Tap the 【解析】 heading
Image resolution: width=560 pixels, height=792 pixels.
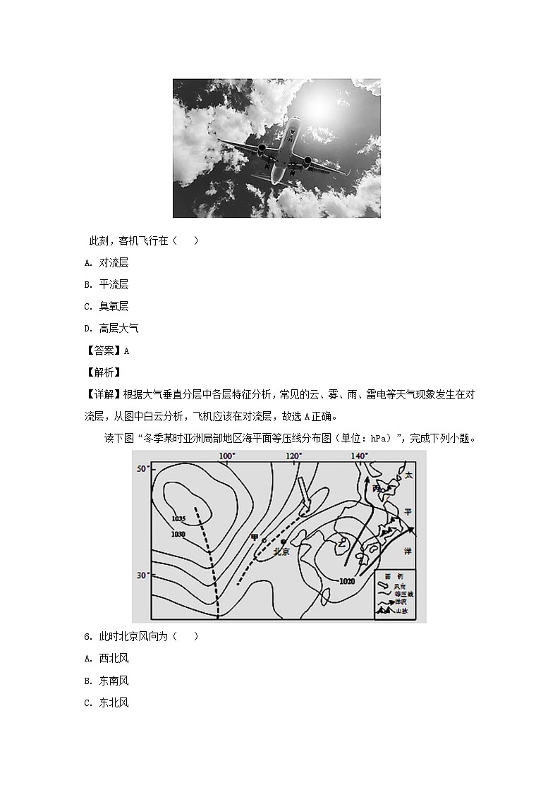pyautogui.click(x=102, y=372)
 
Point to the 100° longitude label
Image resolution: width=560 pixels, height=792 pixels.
pyautogui.click(x=226, y=457)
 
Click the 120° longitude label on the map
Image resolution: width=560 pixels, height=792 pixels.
pyautogui.click(x=294, y=457)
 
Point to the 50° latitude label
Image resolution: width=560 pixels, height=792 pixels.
pyautogui.click(x=142, y=469)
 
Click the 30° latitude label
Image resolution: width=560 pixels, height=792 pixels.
pyautogui.click(x=142, y=575)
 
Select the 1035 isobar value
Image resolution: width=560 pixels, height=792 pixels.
pyautogui.click(x=178, y=519)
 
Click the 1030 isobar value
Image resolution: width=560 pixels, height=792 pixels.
pyautogui.click(x=178, y=534)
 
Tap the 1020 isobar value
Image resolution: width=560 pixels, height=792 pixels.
pyautogui.click(x=346, y=581)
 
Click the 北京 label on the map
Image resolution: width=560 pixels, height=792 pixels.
pyautogui.click(x=281, y=552)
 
